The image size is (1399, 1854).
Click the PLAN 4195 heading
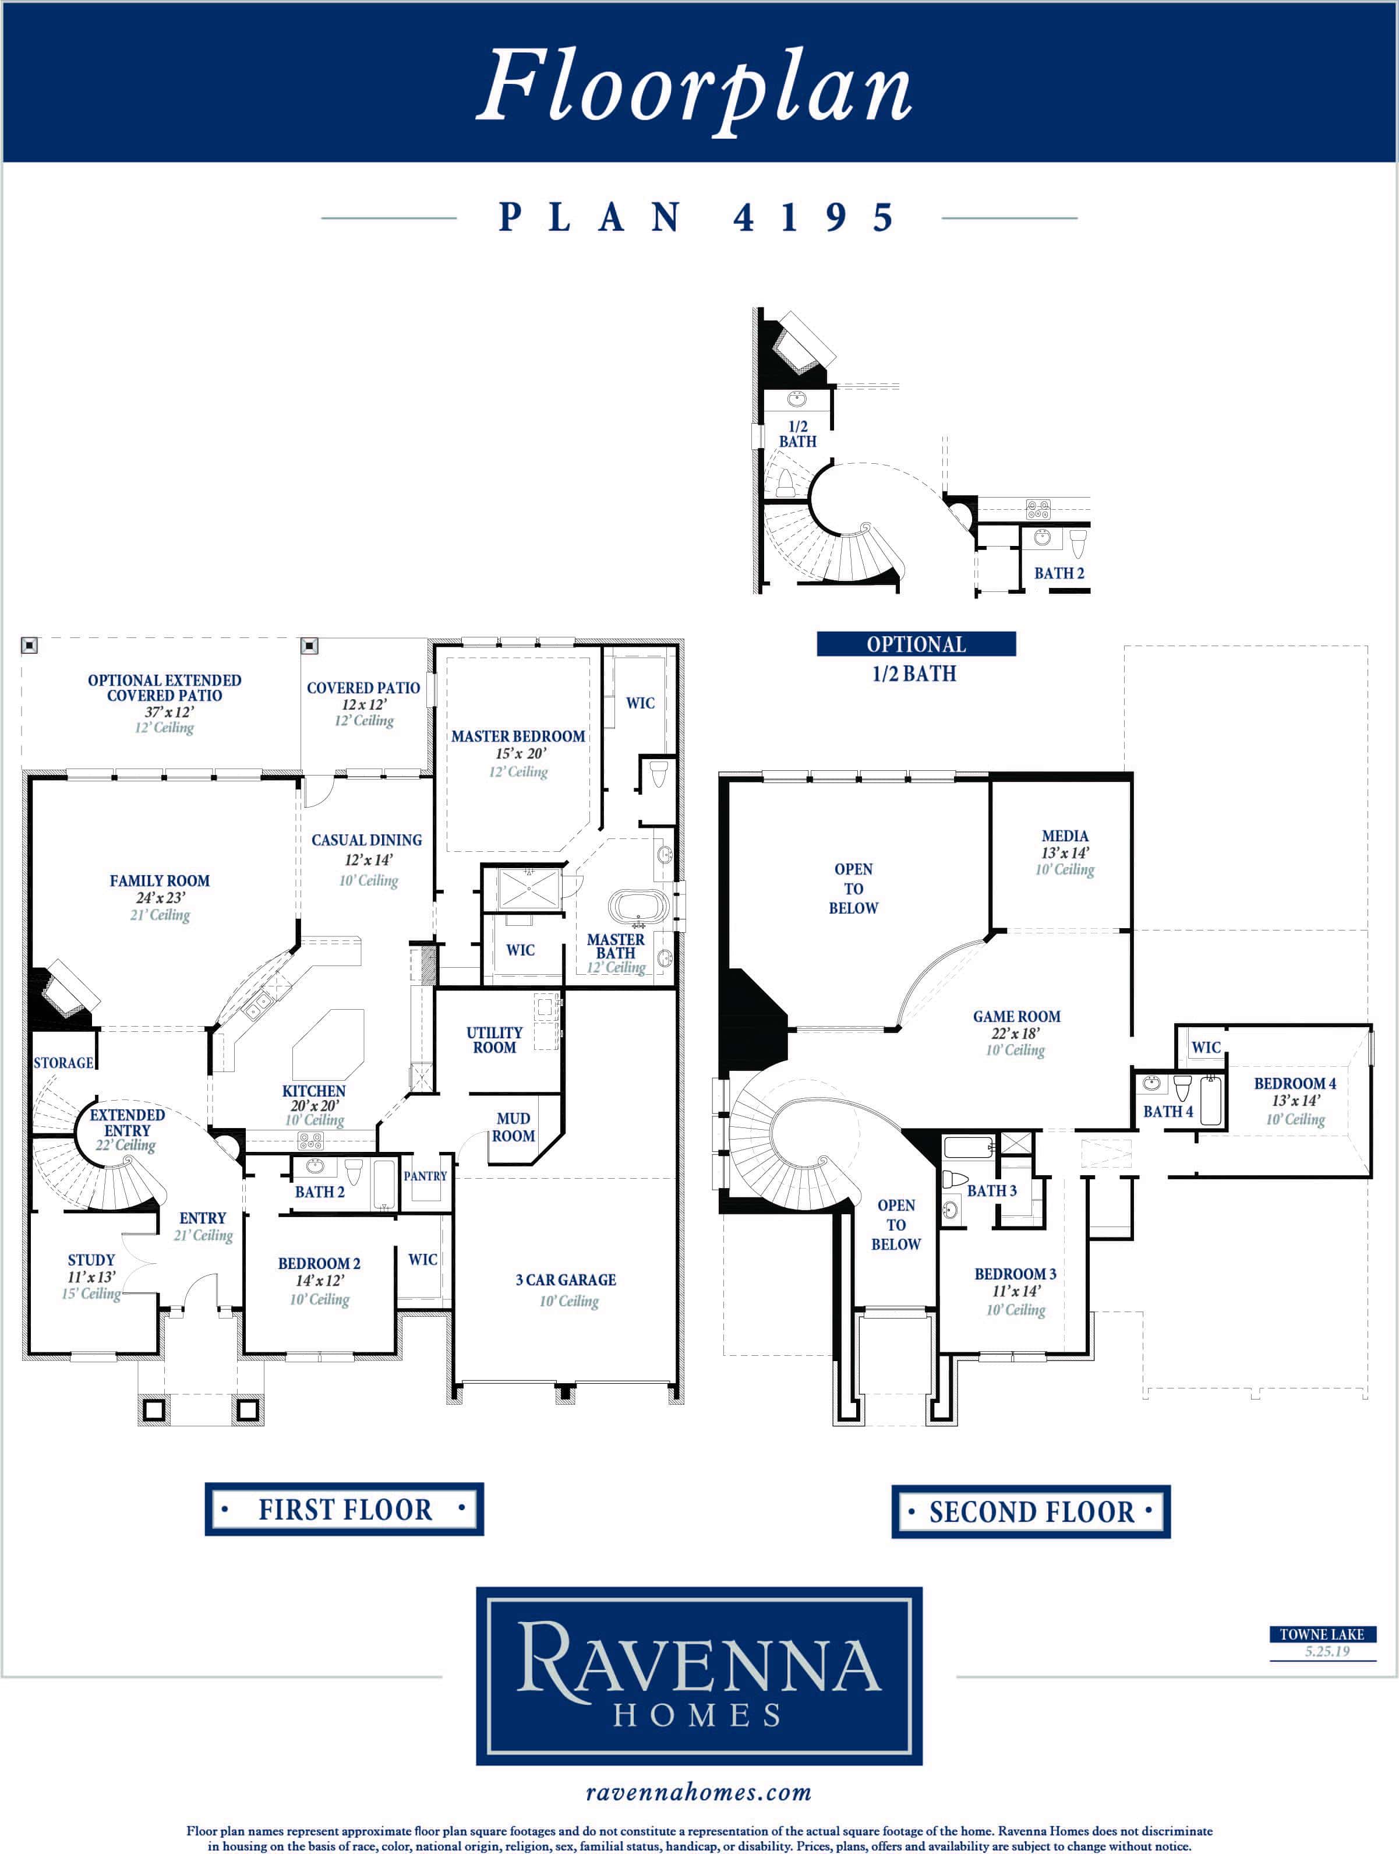(x=698, y=218)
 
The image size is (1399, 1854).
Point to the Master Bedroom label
(x=518, y=736)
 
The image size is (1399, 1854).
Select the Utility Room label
(x=494, y=1040)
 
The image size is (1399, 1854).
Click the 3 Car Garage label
(x=566, y=1280)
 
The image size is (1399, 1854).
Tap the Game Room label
(x=1016, y=1016)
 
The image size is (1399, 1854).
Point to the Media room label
(x=1065, y=836)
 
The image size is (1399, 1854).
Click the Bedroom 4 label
(x=1294, y=1083)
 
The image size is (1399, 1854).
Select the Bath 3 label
(x=992, y=1190)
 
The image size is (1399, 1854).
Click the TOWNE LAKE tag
(x=1322, y=1634)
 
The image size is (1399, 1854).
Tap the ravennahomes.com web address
(x=699, y=1793)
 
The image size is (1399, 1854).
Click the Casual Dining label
(x=366, y=840)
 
